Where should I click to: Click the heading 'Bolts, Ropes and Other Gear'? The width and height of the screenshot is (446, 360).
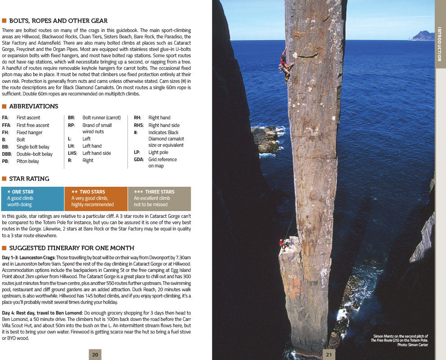pyautogui.click(x=58, y=21)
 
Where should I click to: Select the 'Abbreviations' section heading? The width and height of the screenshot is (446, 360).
pyautogui.click(x=34, y=107)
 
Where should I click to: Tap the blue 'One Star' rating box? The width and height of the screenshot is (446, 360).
pyautogui.click(x=32, y=198)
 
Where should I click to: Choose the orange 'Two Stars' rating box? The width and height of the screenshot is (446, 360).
pyautogui.click(x=96, y=198)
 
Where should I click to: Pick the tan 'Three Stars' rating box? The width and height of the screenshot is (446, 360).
pyautogui.click(x=159, y=198)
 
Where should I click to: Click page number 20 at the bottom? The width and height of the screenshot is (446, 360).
pyautogui.click(x=95, y=355)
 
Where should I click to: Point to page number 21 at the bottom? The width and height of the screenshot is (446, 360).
pyautogui.click(x=329, y=355)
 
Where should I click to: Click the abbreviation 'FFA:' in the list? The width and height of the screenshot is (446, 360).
pyautogui.click(x=6, y=125)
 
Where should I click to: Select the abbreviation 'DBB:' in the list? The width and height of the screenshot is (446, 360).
pyautogui.click(x=7, y=154)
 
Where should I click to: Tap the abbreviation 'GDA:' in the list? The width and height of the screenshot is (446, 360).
pyautogui.click(x=139, y=159)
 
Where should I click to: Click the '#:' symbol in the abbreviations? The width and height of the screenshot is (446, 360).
pyautogui.click(x=135, y=132)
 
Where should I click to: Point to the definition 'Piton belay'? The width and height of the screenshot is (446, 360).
pyautogui.click(x=28, y=161)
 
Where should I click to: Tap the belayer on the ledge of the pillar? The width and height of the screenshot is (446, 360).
pyautogui.click(x=283, y=244)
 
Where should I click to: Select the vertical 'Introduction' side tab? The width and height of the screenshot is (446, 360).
pyautogui.click(x=440, y=44)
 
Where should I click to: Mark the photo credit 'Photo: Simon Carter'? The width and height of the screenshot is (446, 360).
pyautogui.click(x=413, y=345)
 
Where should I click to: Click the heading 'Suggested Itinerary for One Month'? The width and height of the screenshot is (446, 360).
pyautogui.click(x=72, y=248)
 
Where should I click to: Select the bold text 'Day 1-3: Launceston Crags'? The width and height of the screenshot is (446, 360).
pyautogui.click(x=28, y=257)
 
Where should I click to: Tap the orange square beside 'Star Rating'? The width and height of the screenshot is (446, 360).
pyautogui.click(x=4, y=179)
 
